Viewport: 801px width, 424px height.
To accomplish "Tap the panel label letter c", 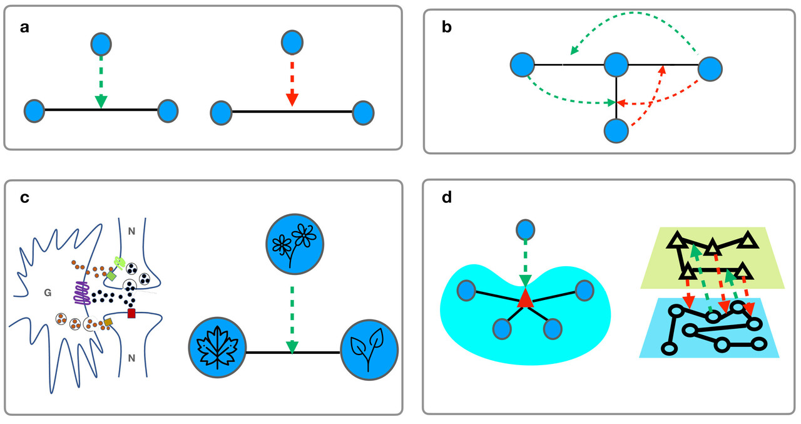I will click(25, 199).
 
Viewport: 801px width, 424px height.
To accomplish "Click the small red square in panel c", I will click(131, 313).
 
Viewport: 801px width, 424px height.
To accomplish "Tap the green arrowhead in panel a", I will click(101, 101).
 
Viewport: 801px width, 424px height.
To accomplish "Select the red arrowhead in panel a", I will click(291, 100).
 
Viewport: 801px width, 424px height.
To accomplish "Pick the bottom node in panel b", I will click(616, 131).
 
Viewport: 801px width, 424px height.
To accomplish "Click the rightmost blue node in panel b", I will click(710, 69).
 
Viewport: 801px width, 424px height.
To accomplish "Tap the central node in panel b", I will click(616, 65).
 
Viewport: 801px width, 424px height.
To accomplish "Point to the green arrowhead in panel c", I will click(292, 346).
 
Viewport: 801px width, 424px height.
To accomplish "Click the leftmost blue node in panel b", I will click(522, 65).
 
